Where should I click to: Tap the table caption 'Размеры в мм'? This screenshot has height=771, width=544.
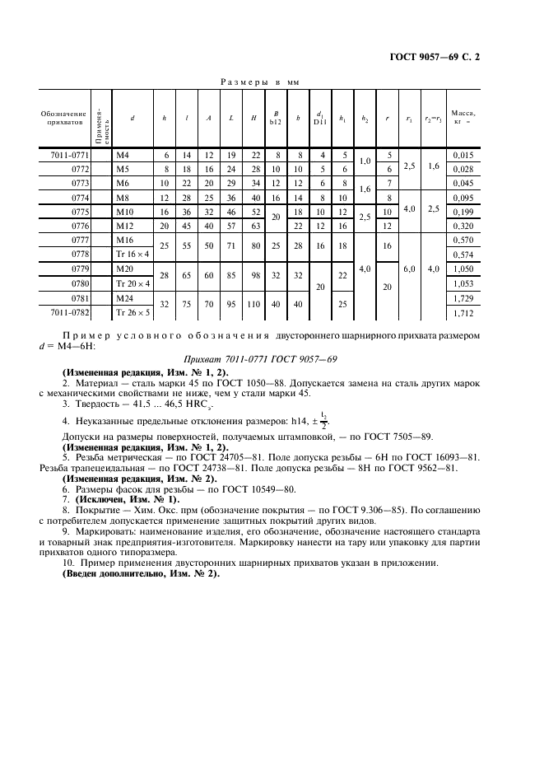tap(263, 82)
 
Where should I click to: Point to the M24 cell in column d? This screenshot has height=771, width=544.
tap(125, 298)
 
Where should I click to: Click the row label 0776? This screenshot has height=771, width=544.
tap(78, 225)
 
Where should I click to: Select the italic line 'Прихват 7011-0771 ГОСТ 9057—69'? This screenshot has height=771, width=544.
tap(271, 359)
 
